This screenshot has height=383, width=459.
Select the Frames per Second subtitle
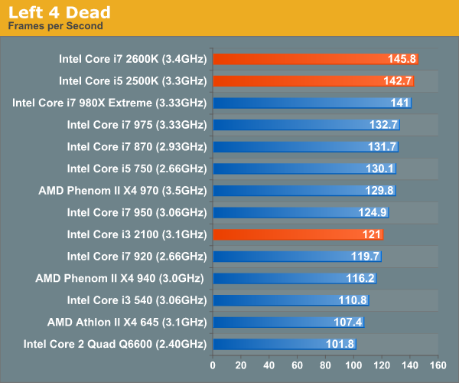point(55,26)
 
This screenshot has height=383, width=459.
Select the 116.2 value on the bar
point(361,279)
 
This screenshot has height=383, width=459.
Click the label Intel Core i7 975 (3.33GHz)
point(136,124)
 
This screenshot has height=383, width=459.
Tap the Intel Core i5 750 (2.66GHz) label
point(136,169)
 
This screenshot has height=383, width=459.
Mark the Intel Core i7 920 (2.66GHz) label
point(136,257)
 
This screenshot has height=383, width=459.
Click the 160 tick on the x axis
point(438,365)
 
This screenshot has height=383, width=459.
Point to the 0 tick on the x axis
point(213,365)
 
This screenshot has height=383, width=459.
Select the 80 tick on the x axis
point(326,365)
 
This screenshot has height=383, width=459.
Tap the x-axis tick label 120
point(382,365)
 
